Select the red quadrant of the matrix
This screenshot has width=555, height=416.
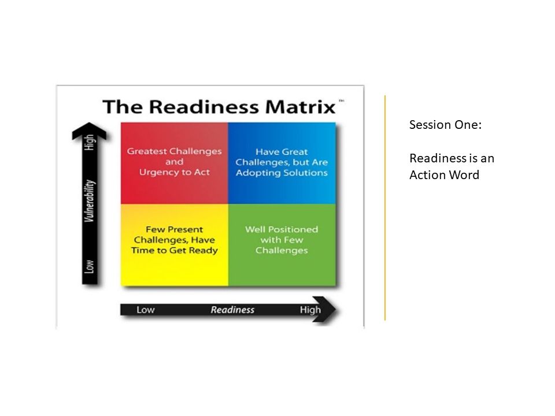[174, 163]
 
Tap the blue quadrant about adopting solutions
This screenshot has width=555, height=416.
[282, 163]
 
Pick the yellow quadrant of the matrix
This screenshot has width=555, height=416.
[174, 244]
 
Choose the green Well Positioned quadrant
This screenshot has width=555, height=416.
[282, 244]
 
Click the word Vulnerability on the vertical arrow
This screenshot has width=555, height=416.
[89, 202]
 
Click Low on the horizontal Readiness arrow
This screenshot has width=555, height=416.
[145, 310]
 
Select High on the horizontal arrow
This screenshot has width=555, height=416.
[310, 310]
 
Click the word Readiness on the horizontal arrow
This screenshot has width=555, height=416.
[232, 310]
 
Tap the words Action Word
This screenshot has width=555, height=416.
[444, 175]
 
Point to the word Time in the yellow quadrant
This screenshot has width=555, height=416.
[153, 250]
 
